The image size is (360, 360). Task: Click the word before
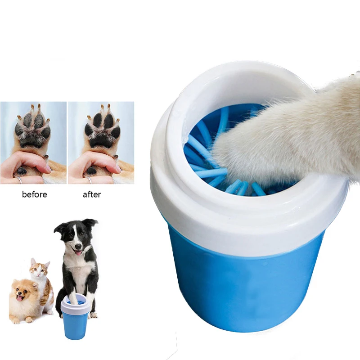34,195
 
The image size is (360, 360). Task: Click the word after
92,195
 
